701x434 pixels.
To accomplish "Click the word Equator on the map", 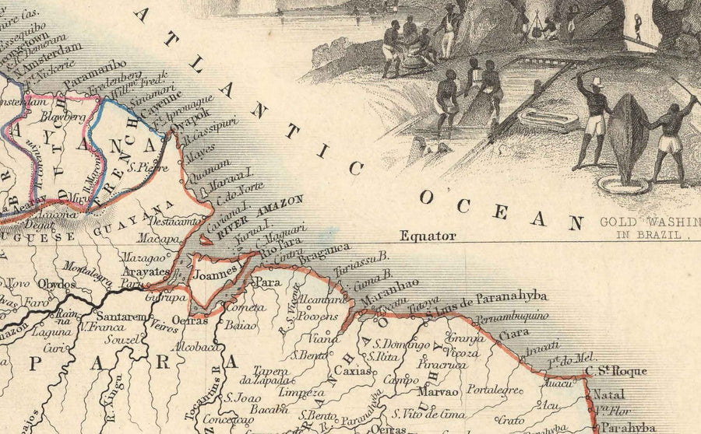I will click(x=427, y=236).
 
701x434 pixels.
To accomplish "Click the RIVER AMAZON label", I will click(x=260, y=215).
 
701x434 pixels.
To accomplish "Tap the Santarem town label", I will click(x=120, y=317).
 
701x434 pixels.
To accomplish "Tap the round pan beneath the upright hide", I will click(x=623, y=185).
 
